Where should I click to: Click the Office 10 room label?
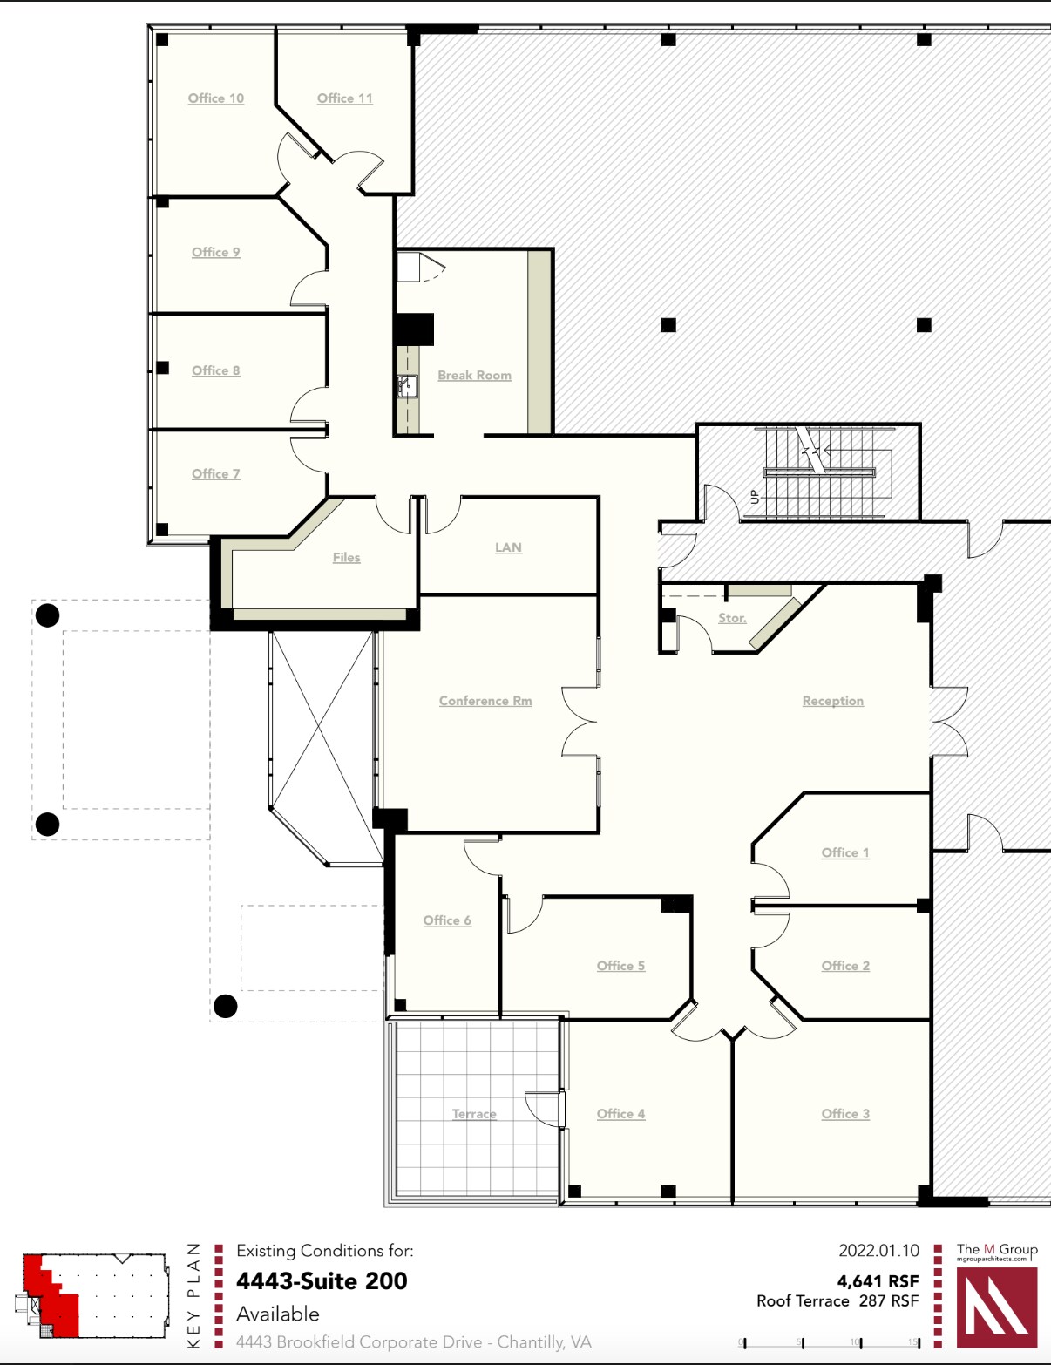click(x=216, y=98)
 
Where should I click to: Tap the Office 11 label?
click(x=345, y=98)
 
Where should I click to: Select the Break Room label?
click(x=474, y=376)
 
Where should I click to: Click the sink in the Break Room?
click(x=407, y=386)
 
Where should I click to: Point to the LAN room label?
click(x=508, y=547)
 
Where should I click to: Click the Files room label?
click(x=346, y=558)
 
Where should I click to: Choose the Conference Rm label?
click(x=485, y=701)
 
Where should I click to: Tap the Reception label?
click(x=832, y=701)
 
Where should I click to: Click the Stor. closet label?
click(x=732, y=618)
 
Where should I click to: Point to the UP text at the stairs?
click(x=755, y=497)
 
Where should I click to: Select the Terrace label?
click(x=474, y=1114)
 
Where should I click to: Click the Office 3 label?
click(x=845, y=1114)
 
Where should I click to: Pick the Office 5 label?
click(x=620, y=966)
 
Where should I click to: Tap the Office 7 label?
click(x=215, y=474)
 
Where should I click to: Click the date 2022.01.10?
click(x=878, y=1251)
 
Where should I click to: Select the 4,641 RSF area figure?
click(x=878, y=1281)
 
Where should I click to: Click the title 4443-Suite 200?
click(x=322, y=1281)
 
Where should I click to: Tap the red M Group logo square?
click(x=997, y=1307)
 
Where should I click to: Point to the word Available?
click(x=278, y=1314)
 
